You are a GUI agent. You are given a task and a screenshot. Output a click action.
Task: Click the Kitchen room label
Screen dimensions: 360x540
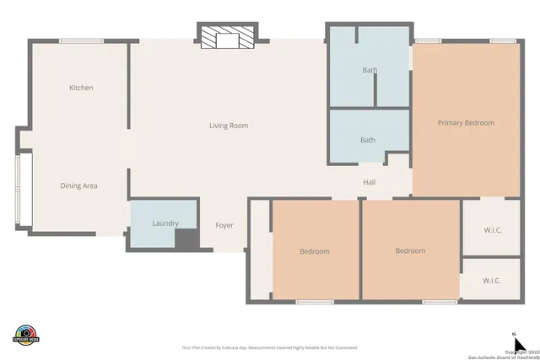(x=81, y=88)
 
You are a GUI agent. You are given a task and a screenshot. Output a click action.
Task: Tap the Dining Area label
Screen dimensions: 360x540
(x=78, y=185)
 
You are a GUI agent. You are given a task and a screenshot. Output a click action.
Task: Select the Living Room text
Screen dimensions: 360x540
(x=229, y=126)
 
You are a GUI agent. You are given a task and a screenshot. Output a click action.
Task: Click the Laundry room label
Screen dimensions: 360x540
(x=165, y=223)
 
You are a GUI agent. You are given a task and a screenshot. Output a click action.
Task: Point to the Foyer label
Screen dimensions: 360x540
(x=224, y=225)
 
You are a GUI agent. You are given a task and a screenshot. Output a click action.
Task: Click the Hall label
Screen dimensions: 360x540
(x=369, y=182)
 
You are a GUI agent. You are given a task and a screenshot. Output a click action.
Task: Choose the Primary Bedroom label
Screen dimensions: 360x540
(x=466, y=123)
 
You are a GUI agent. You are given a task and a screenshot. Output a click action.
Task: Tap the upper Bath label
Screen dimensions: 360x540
(x=369, y=70)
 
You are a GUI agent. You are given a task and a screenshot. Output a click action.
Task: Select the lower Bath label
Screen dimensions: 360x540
(x=368, y=140)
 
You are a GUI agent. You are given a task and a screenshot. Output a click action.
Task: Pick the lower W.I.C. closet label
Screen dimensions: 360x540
(x=493, y=280)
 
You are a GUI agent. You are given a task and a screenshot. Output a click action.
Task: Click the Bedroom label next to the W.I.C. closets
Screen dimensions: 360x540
(x=411, y=250)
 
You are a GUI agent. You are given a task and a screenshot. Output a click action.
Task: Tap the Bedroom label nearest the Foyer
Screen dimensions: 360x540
(x=315, y=251)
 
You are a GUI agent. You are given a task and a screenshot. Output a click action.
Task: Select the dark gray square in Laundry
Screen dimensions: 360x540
(x=186, y=239)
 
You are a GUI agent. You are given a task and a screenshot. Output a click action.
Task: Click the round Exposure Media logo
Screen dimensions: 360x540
(x=26, y=334)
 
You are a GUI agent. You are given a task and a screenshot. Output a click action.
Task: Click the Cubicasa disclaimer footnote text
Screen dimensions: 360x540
(x=269, y=347)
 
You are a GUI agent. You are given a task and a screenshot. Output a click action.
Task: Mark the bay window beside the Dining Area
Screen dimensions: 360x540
(x=24, y=190)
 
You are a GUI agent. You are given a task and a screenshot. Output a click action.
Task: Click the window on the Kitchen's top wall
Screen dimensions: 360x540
(x=82, y=40)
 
